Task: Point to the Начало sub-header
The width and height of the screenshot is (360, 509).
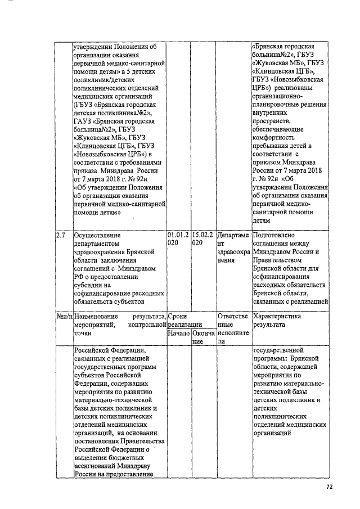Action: click(x=179, y=334)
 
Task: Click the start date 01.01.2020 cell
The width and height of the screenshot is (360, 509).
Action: click(x=178, y=239)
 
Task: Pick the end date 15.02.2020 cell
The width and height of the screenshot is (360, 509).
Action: click(x=203, y=239)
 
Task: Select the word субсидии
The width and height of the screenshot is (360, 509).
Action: click(x=90, y=285)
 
